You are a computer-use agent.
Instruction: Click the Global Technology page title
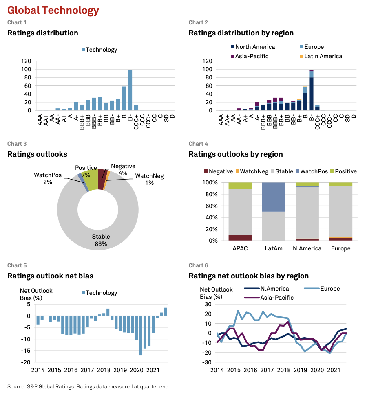(x=53, y=10)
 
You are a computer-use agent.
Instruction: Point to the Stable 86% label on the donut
(x=101, y=240)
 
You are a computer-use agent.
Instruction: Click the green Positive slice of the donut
(x=92, y=180)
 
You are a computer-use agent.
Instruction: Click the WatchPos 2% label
(x=48, y=178)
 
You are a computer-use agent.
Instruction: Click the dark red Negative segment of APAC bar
(x=240, y=237)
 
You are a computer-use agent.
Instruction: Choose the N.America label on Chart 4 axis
(x=307, y=248)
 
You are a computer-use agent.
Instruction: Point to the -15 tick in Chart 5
(x=27, y=351)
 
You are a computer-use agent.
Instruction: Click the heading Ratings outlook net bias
(x=51, y=276)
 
